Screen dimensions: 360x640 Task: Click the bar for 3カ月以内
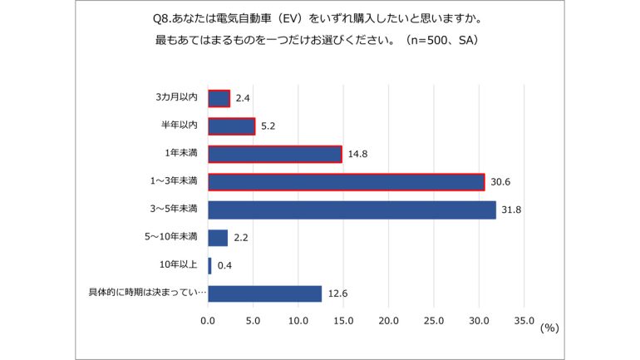tap(219, 98)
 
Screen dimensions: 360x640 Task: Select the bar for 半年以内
tap(231, 126)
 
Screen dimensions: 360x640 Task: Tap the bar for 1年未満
tap(274, 154)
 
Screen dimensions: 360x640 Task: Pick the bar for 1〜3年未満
tap(346, 182)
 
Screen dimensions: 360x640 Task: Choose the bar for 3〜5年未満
tap(352, 210)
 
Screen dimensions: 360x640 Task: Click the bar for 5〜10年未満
tap(218, 238)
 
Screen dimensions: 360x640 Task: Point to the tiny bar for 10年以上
tap(209, 266)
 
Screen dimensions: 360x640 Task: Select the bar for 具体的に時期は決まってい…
tap(264, 293)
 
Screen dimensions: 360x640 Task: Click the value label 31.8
tap(510, 210)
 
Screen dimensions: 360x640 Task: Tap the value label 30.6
tap(499, 182)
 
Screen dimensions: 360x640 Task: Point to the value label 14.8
tap(356, 155)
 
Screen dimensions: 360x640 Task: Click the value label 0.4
tap(224, 266)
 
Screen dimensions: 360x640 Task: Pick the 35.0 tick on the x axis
tap(524, 319)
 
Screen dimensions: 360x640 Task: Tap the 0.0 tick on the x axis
tap(208, 319)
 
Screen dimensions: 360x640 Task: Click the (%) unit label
tap(549, 328)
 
